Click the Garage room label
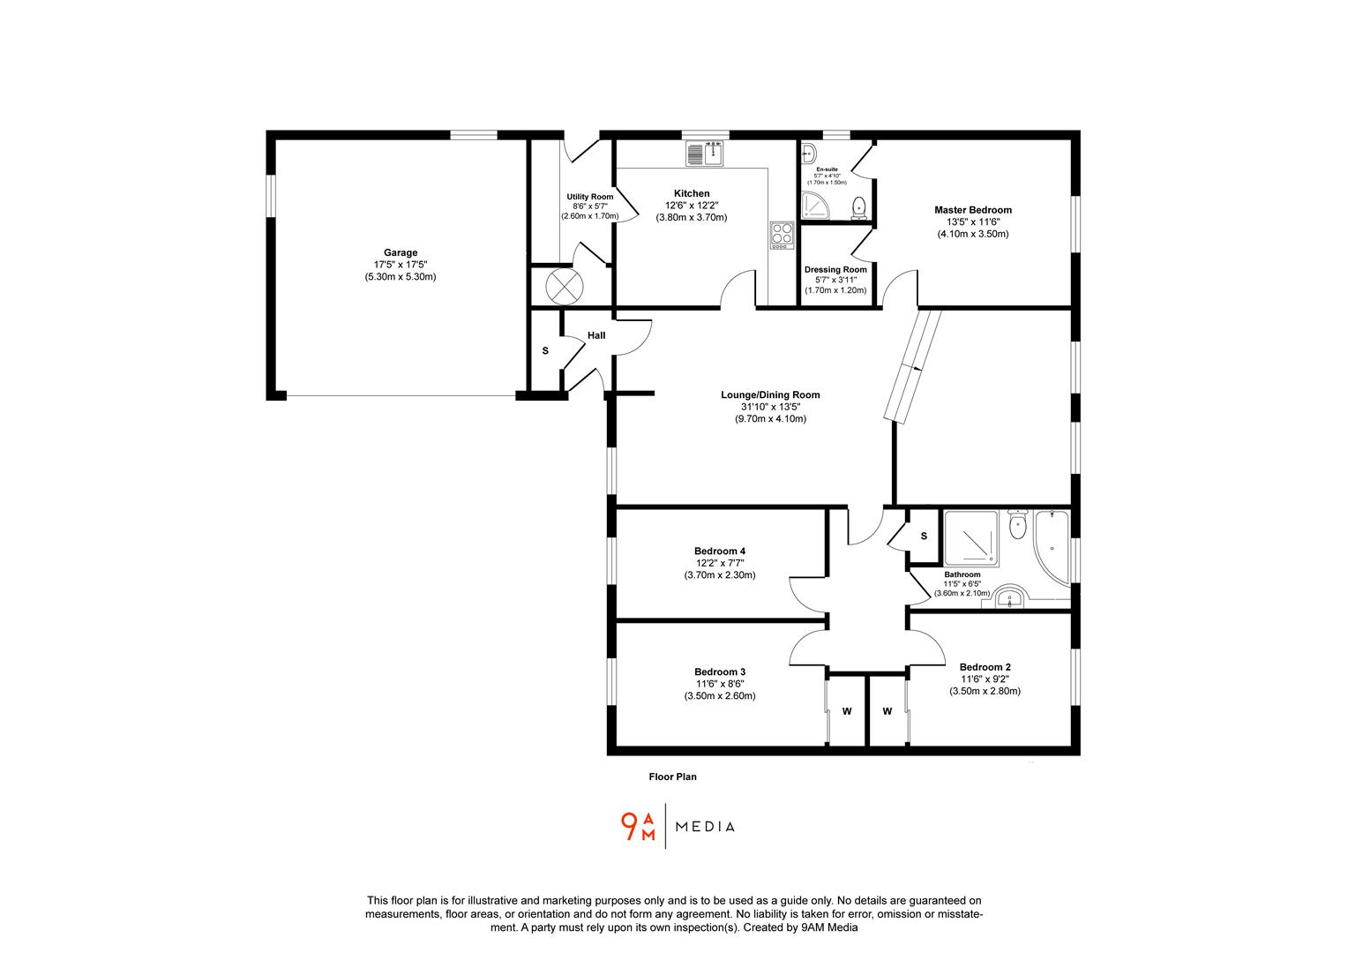[401, 253]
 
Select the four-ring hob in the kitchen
[782, 234]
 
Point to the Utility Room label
[589, 197]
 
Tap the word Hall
[596, 335]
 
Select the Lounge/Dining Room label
[770, 395]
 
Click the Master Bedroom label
[972, 210]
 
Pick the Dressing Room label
[835, 270]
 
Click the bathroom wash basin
[1010, 600]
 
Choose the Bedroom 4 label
[719, 552]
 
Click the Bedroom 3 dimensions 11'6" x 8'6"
[719, 684]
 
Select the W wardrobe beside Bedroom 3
[846, 711]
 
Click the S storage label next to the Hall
[545, 351]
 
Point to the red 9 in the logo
[630, 825]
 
